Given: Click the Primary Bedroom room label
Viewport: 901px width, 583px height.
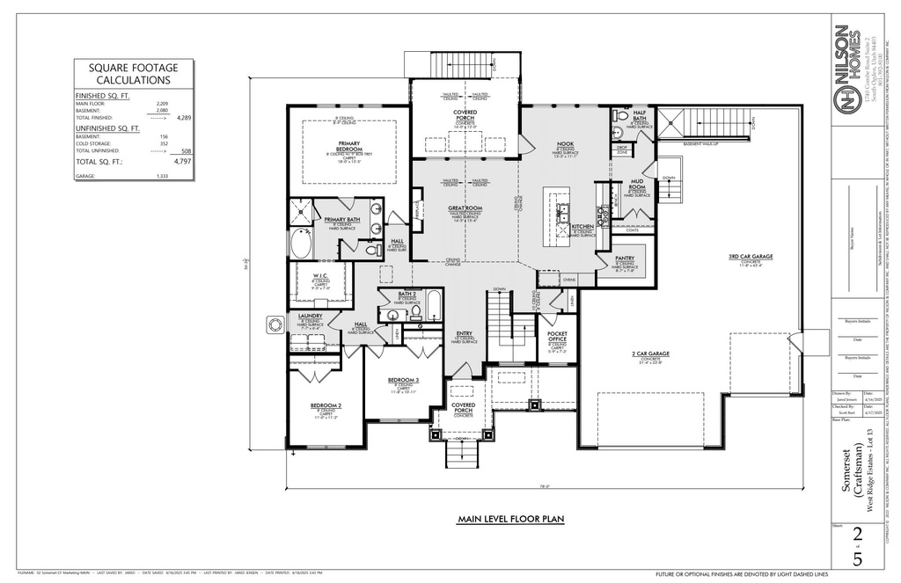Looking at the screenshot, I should click(348, 146).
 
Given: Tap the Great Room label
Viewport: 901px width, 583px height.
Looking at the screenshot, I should click(465, 208).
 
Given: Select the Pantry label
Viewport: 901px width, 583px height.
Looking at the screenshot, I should click(625, 259).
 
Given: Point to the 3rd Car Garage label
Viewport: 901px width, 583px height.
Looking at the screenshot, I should click(750, 257).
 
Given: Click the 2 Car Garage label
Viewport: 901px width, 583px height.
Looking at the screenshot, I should click(650, 353).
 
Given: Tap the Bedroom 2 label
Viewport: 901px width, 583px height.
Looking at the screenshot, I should click(326, 405).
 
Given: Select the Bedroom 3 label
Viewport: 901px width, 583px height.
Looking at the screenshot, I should click(404, 380).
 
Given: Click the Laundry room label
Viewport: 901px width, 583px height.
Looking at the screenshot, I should click(310, 316).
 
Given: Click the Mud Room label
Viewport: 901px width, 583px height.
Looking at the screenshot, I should click(637, 185).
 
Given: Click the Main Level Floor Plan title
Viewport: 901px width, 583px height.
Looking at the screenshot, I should click(510, 520).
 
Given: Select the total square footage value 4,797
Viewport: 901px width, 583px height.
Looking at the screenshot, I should click(183, 163).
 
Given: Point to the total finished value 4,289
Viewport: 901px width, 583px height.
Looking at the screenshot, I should click(184, 117).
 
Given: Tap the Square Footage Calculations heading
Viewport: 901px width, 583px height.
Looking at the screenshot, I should click(133, 74).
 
